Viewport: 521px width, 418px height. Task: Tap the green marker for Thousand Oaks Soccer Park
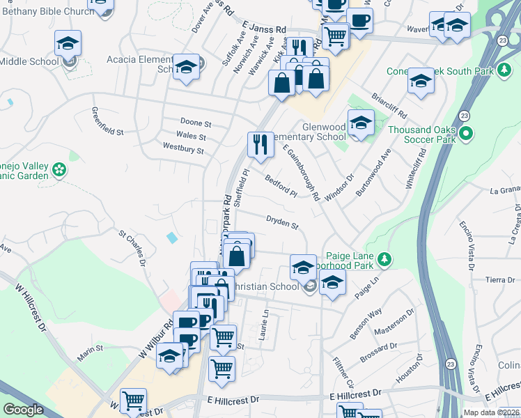(x=467, y=133)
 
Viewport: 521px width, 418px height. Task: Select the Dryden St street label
(x=282, y=222)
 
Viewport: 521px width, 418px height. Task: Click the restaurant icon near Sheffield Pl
(x=260, y=145)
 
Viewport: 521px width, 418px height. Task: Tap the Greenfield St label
(x=108, y=121)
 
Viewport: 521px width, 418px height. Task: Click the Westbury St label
(x=183, y=148)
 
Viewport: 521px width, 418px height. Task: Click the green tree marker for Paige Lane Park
(x=384, y=261)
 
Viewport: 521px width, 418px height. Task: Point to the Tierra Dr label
(x=500, y=279)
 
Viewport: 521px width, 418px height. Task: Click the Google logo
(x=24, y=410)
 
